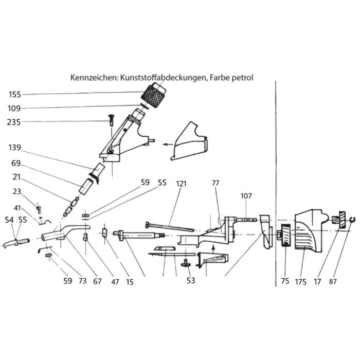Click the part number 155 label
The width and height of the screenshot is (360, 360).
[15, 95]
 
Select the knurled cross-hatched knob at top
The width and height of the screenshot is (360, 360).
[153, 95]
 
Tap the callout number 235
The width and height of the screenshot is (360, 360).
[14, 122]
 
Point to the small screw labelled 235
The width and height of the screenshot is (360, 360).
[111, 120]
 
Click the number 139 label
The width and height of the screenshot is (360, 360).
[15, 148]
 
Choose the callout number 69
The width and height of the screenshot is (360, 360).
[16, 163]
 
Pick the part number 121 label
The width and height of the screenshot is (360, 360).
[182, 184]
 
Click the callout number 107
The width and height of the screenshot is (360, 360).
[246, 196]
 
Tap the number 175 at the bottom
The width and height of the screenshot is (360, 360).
[300, 282]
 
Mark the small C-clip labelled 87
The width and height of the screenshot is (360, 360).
[352, 220]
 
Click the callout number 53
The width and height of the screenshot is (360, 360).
[191, 280]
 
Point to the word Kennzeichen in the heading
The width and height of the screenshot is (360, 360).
[94, 78]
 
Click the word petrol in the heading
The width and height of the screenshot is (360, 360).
[242, 78]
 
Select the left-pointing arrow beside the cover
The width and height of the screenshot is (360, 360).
[168, 145]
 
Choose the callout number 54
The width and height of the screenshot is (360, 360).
[9, 220]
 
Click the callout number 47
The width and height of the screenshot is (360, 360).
[115, 282]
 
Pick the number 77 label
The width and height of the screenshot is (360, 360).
[215, 183]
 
